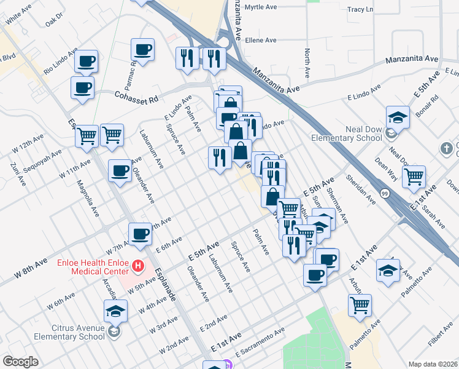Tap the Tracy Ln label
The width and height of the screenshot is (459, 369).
(360, 10)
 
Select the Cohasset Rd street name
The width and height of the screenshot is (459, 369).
(136, 96)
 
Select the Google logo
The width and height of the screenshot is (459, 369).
(20, 362)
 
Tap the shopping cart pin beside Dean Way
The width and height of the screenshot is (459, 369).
(415, 177)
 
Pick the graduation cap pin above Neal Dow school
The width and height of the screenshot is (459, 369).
(398, 117)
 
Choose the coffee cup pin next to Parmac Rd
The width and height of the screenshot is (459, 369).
(143, 50)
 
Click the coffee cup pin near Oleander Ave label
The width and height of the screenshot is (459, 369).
(120, 170)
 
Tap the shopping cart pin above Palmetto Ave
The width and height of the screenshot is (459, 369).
(360, 305)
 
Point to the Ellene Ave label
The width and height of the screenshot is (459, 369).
(261, 41)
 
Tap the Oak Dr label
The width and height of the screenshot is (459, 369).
(55, 19)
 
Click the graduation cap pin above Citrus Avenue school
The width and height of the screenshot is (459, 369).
(115, 311)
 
